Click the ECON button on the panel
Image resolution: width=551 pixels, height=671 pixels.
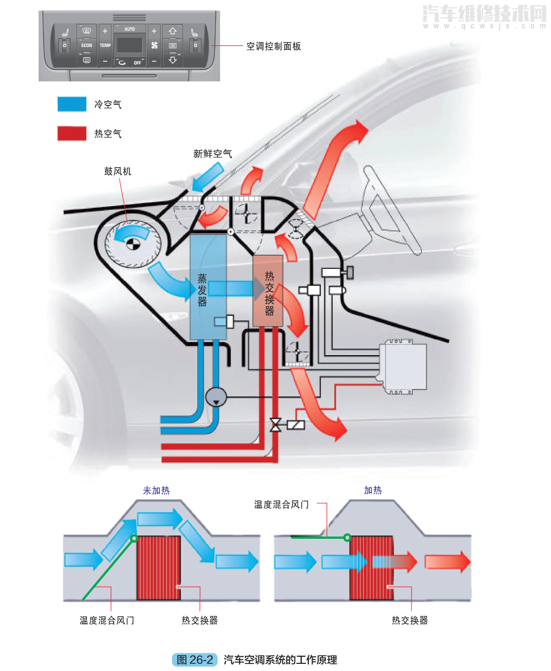(86, 45)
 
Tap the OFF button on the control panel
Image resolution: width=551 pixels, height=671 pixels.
(137, 62)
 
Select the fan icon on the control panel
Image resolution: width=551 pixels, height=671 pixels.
(154, 45)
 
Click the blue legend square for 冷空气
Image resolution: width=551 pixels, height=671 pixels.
(72, 104)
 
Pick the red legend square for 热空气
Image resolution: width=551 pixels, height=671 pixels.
(72, 133)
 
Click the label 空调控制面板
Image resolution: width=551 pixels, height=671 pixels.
(273, 46)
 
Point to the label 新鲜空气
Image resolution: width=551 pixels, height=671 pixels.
(213, 154)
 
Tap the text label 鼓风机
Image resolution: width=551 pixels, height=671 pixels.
(118, 171)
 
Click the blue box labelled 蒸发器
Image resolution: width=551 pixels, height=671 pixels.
(208, 287)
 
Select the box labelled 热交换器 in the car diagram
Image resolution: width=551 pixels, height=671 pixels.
(268, 291)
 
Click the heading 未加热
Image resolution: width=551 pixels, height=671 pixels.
(156, 491)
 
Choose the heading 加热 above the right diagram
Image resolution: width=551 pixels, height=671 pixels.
(373, 491)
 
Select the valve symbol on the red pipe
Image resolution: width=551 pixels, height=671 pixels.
(275, 424)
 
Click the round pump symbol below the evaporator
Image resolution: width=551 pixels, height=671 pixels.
(216, 397)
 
